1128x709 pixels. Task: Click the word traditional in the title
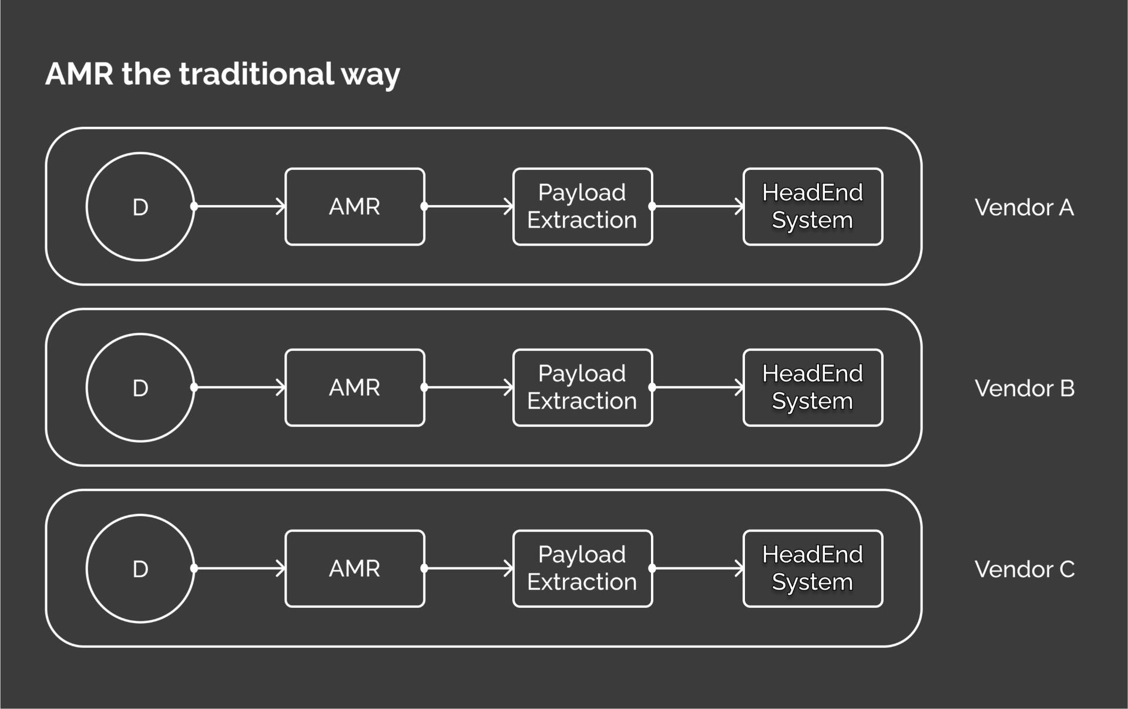pyautogui.click(x=256, y=74)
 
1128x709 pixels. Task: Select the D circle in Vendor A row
pyautogui.click(x=140, y=207)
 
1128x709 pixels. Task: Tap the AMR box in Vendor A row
pyautogui.click(x=354, y=207)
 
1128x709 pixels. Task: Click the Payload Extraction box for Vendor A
pyautogui.click(x=582, y=207)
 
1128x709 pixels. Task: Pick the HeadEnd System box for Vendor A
pyautogui.click(x=813, y=207)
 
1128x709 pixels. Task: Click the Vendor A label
pyautogui.click(x=1024, y=208)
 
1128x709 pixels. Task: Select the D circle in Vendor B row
pyautogui.click(x=140, y=388)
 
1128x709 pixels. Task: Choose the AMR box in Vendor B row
pyautogui.click(x=354, y=388)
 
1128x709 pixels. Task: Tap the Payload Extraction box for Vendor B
pyautogui.click(x=582, y=388)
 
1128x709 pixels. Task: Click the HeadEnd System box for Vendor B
pyautogui.click(x=813, y=388)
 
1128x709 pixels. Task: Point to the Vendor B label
pyautogui.click(x=1024, y=389)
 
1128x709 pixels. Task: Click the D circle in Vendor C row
pyautogui.click(x=140, y=569)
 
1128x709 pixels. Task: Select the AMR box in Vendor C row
pyautogui.click(x=354, y=569)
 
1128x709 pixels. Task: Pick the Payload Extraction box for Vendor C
pyautogui.click(x=582, y=569)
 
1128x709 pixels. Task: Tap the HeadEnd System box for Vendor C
pyautogui.click(x=813, y=569)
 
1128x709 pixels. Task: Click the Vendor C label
pyautogui.click(x=1024, y=570)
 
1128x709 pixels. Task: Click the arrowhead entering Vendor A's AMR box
pyautogui.click(x=281, y=206)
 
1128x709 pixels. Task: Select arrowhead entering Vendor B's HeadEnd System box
pyautogui.click(x=740, y=387)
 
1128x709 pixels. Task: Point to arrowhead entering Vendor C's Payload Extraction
pyautogui.click(x=509, y=568)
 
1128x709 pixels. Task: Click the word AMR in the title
pyautogui.click(x=79, y=74)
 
